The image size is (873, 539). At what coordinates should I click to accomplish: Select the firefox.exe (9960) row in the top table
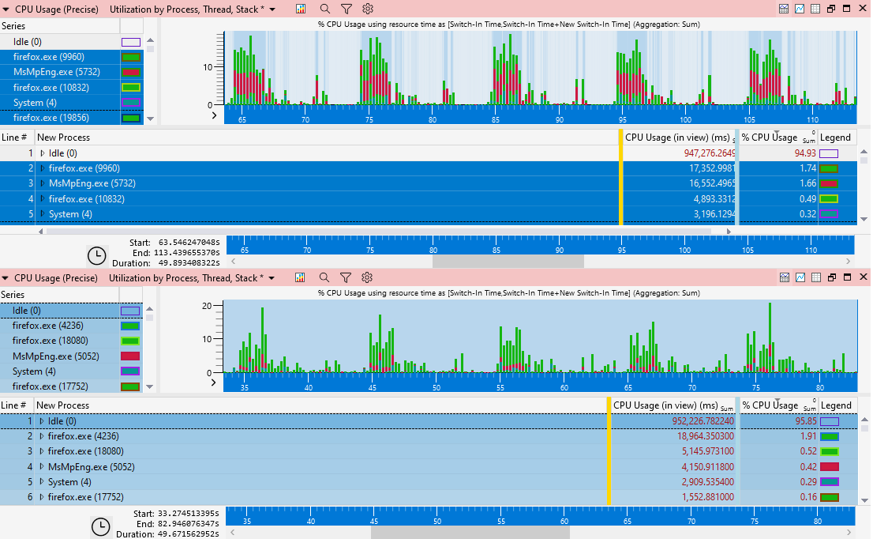pos(84,168)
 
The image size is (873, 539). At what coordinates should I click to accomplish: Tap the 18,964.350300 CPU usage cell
pos(695,436)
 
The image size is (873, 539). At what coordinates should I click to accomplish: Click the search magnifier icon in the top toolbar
pos(325,9)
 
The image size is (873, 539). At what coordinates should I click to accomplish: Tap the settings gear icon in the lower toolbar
pos(367,277)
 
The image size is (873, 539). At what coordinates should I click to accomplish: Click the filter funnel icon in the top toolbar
pos(347,9)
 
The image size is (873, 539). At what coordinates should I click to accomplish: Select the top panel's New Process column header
pos(63,138)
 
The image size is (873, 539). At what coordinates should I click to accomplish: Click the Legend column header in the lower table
pos(836,405)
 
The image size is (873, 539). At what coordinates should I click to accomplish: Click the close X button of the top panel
pos(863,9)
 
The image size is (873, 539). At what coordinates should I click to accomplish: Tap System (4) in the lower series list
pos(28,371)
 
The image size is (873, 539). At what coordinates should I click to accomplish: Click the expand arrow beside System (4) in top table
pos(43,214)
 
